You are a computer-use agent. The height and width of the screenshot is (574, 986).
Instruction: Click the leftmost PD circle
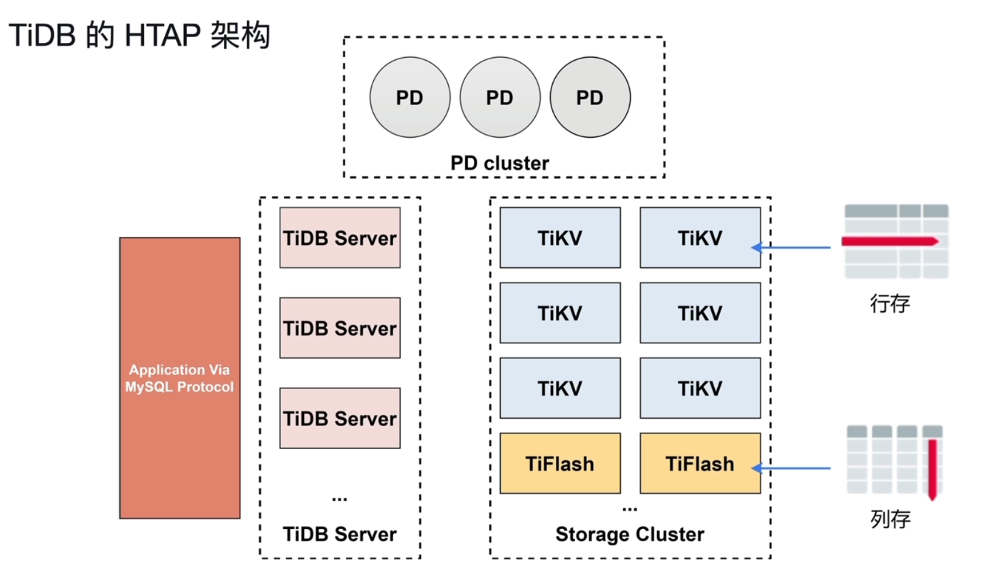[410, 98]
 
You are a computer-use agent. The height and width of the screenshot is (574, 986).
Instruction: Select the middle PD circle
[499, 98]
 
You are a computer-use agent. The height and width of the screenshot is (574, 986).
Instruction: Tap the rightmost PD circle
[590, 98]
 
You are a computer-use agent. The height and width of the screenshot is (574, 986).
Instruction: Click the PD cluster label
[499, 163]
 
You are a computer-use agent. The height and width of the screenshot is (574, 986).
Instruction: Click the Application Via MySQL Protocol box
[180, 378]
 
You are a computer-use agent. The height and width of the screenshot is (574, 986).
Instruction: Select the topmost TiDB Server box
[340, 238]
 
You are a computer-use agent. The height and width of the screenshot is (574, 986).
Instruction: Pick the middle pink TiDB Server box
[340, 328]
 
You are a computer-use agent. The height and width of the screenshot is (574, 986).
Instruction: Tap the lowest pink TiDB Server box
[340, 418]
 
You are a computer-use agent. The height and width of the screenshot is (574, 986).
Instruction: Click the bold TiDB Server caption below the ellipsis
[340, 534]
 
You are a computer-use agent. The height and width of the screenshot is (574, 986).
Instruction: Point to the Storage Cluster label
[629, 534]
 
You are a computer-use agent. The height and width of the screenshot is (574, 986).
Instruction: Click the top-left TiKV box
[560, 238]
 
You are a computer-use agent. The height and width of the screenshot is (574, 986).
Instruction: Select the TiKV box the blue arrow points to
[700, 238]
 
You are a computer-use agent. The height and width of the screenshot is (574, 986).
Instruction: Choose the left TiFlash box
[560, 463]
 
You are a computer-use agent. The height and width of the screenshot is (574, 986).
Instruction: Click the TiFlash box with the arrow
[700, 463]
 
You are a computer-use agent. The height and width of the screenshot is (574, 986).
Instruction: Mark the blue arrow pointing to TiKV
[792, 248]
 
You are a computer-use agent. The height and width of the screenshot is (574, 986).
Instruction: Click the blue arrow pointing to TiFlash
[792, 468]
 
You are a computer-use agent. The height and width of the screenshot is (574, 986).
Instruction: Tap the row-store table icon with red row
[896, 241]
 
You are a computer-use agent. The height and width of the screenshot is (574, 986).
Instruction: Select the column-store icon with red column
[896, 461]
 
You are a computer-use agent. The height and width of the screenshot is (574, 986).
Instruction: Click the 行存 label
[890, 303]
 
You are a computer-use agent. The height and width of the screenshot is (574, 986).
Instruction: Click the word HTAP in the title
[162, 36]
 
